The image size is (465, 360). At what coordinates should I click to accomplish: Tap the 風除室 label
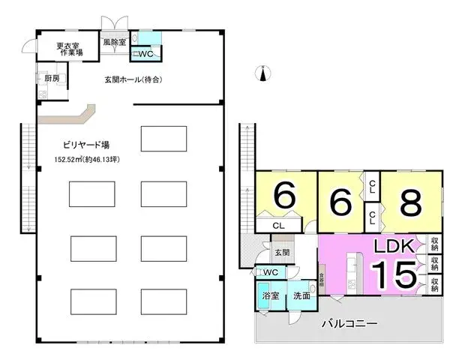pyautogui.click(x=115, y=43)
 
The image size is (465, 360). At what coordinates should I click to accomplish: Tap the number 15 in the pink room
pyautogui.click(x=392, y=275)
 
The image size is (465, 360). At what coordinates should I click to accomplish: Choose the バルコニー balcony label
pyautogui.click(x=349, y=324)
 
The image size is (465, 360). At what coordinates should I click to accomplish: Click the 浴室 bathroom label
pyautogui.click(x=270, y=295)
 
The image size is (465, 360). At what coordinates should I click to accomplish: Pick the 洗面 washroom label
pyautogui.click(x=301, y=295)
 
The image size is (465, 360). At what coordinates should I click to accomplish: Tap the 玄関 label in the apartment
pyautogui.click(x=281, y=253)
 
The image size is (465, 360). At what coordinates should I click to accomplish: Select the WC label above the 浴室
pyautogui.click(x=270, y=271)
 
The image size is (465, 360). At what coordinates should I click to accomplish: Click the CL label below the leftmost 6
pyautogui.click(x=277, y=224)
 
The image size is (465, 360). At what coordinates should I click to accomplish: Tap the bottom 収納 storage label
pyautogui.click(x=435, y=284)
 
